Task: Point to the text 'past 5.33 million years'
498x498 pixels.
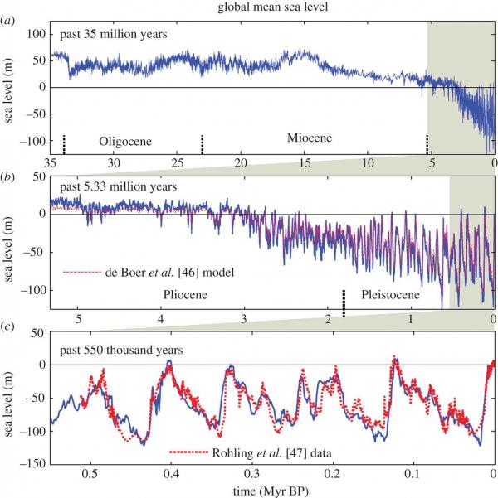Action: coord(115,187)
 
